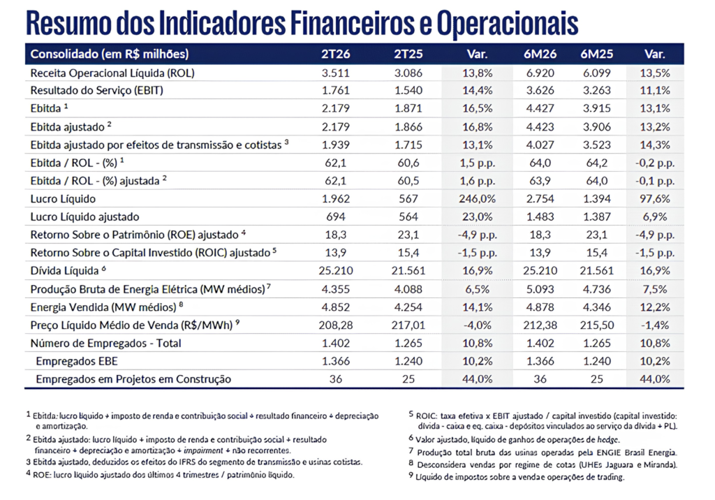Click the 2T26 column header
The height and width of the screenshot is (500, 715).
pos(336,54)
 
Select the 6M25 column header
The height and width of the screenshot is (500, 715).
pos(596,54)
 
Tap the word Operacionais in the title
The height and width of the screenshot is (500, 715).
pos(508,23)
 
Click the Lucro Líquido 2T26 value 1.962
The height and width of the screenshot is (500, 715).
pos(336,199)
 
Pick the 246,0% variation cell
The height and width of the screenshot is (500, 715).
pos(478,199)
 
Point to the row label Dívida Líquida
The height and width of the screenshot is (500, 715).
pos(64,271)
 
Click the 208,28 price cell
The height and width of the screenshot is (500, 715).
pos(336,325)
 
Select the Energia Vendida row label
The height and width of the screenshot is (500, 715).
pos(103,307)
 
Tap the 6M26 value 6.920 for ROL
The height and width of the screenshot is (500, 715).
pos(540,73)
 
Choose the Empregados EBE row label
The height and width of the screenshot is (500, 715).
pos(77,361)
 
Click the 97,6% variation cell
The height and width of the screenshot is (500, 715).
pos(655,199)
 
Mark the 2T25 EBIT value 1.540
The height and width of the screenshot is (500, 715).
pos(408,90)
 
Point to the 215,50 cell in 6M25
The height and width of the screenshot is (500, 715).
pos(596,325)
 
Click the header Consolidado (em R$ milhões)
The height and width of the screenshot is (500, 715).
pos(110,54)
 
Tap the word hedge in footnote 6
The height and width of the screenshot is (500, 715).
pos(608,440)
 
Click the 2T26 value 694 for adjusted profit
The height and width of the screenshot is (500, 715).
pos(336,216)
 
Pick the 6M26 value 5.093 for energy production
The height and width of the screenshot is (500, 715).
pos(540,289)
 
